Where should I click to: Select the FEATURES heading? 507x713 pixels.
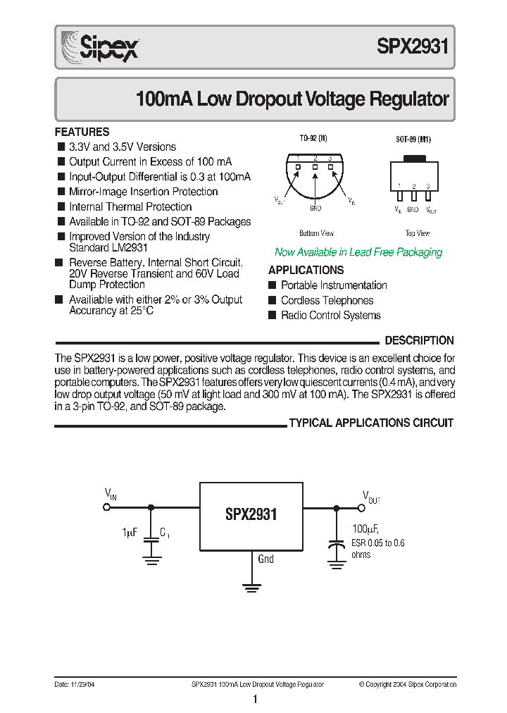[x=82, y=132]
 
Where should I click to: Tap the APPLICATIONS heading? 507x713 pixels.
[x=306, y=270]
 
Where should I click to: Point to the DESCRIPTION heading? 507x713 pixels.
[x=419, y=340]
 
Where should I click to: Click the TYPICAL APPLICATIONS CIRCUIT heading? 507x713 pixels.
[x=371, y=423]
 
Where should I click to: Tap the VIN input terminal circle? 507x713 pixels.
[x=107, y=507]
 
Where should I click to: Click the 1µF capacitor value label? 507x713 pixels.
[x=129, y=533]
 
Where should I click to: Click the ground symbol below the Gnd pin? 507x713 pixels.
[x=251, y=585]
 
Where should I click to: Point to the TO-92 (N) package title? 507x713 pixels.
[x=313, y=140]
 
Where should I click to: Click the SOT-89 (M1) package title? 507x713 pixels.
[x=413, y=140]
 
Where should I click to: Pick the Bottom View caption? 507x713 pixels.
[x=316, y=233]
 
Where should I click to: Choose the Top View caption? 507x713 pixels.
[x=418, y=233]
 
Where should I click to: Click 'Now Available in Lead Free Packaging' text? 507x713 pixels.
[x=358, y=252]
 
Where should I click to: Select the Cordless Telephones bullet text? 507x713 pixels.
[x=327, y=300]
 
